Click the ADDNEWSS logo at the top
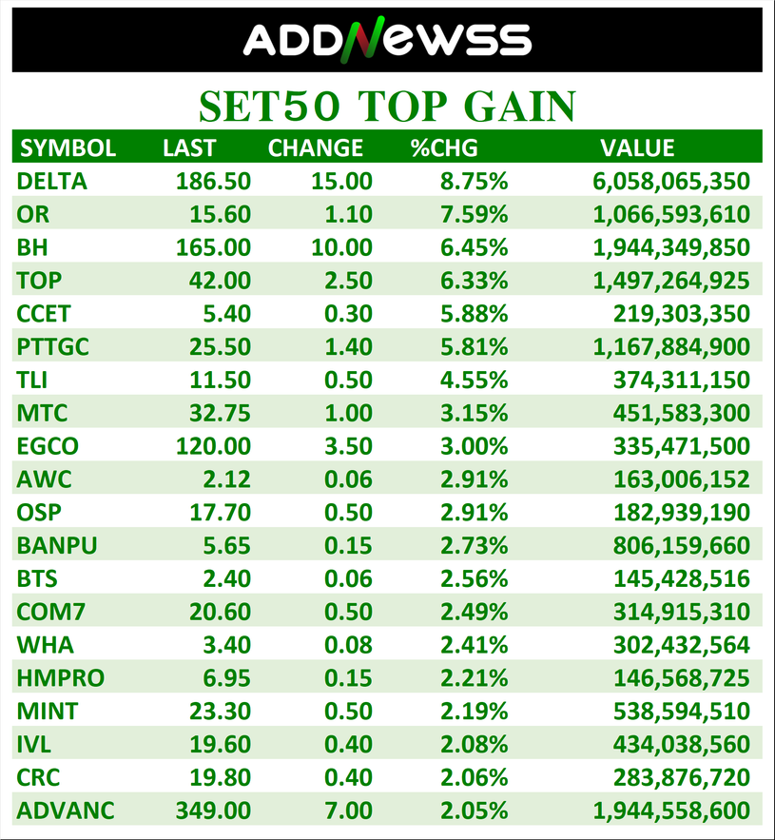coord(387,40)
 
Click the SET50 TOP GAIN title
coord(387,106)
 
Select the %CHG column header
coord(443,147)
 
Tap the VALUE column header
coord(637,147)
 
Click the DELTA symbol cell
coord(51,181)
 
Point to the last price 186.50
coord(213,181)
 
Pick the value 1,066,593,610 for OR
coord(671,214)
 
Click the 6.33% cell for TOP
coord(473,281)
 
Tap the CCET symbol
coord(44,313)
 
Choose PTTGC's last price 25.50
coord(220,346)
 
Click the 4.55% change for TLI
coord(473,380)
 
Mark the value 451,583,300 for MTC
coord(684,413)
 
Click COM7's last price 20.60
coord(220,612)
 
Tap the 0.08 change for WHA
coord(348,645)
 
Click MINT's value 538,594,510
coord(684,711)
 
